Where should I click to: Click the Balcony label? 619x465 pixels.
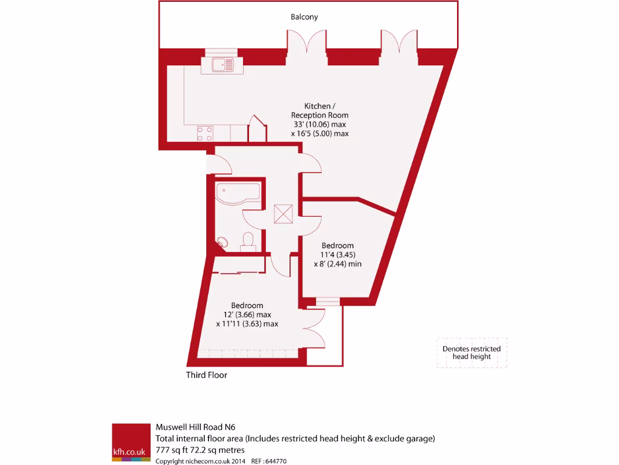(304, 17)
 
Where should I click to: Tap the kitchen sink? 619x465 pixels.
(223, 63)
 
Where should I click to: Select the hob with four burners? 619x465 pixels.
(204, 133)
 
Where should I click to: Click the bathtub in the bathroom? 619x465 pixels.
(238, 193)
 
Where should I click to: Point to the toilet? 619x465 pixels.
(248, 241)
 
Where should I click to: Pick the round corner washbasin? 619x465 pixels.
(222, 240)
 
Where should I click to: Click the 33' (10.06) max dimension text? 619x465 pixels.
(320, 124)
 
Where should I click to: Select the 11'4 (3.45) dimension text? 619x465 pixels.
(337, 254)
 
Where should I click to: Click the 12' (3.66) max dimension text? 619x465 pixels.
(247, 315)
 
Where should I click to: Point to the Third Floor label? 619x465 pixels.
(207, 375)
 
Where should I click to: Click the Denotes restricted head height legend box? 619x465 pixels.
(472, 353)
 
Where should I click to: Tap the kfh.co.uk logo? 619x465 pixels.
(131, 443)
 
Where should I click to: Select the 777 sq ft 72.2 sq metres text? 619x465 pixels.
(200, 450)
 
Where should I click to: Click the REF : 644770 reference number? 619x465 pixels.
(268, 461)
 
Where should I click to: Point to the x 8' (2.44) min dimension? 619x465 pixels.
(337, 264)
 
